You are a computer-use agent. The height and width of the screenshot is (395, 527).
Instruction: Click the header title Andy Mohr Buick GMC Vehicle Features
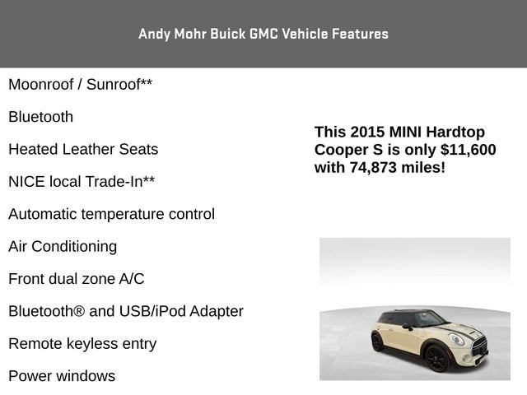tap(263, 34)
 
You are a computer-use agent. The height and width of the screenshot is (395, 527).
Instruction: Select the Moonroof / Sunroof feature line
tap(80, 85)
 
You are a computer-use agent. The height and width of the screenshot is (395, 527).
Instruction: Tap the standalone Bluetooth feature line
tap(40, 117)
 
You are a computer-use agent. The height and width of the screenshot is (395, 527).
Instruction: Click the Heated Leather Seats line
tap(83, 150)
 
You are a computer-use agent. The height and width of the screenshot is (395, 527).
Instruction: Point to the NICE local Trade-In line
tap(82, 182)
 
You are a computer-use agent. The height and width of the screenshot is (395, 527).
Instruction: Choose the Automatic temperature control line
tap(111, 214)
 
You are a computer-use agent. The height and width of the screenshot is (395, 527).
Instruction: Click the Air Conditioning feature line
tap(63, 246)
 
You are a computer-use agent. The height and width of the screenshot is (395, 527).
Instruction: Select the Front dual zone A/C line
tap(76, 279)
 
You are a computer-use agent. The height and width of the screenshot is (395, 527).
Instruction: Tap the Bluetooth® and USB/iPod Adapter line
tap(125, 311)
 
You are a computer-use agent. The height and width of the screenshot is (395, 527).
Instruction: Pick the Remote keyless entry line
tap(82, 344)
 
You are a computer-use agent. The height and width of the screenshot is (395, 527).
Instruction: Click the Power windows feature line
tap(62, 376)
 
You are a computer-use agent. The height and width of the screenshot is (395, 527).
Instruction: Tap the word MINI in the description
tap(407, 132)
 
